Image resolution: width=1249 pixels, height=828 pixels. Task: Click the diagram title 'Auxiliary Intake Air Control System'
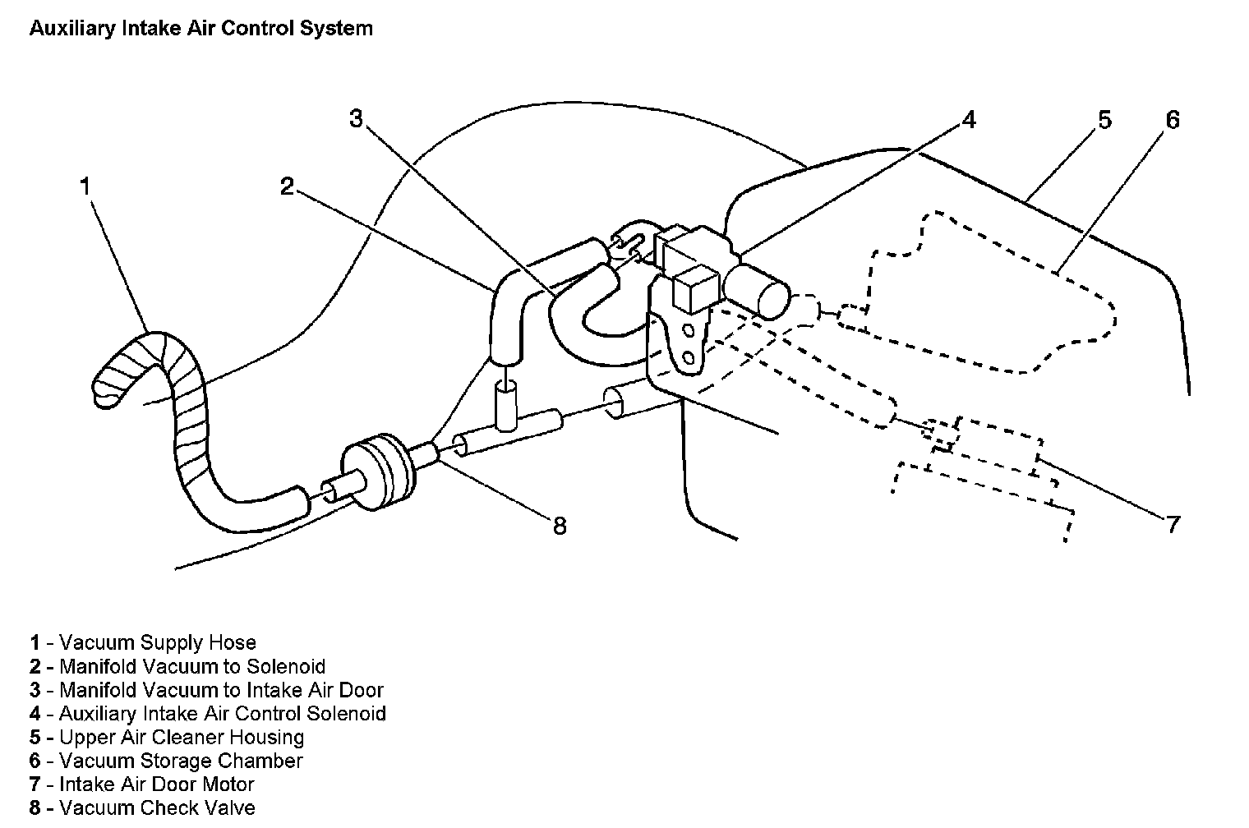[200, 29]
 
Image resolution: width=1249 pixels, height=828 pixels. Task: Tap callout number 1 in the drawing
[85, 186]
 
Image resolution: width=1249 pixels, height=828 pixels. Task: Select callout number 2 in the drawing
[286, 186]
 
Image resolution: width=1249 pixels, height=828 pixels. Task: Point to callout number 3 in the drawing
[355, 119]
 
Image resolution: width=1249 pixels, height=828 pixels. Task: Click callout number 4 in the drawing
[970, 120]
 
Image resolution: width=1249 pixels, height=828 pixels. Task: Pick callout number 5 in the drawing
[1104, 120]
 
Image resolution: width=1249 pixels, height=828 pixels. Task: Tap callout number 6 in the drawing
[1173, 120]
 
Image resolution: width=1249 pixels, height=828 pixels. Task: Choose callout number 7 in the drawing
[1173, 524]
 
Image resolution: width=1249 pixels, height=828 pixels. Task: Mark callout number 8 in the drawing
[560, 525]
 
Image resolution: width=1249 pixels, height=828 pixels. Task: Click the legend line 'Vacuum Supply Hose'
[157, 642]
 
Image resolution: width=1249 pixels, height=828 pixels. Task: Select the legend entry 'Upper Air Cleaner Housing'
[181, 737]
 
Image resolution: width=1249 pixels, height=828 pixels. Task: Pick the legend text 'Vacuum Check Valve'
[157, 808]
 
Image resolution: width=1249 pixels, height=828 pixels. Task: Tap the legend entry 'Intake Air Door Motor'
[156, 784]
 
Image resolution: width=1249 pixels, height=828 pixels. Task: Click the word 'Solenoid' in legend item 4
[346, 713]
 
